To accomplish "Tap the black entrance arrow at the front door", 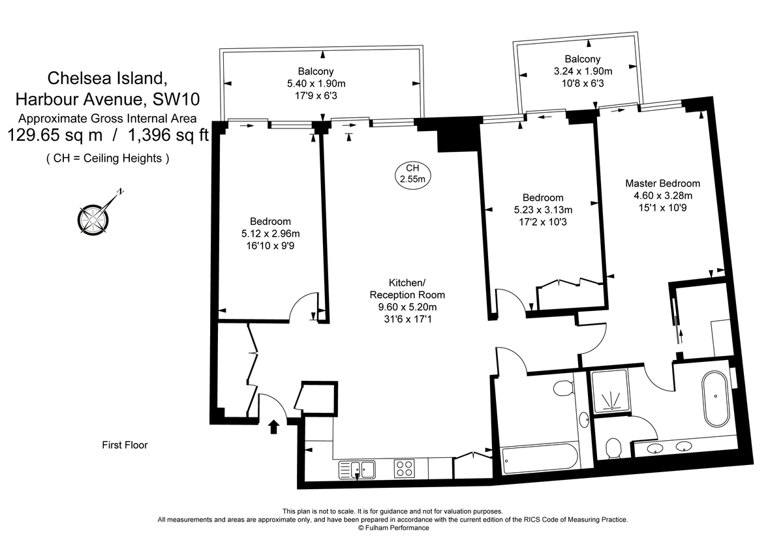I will [x=273, y=426].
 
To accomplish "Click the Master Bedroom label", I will [x=662, y=183].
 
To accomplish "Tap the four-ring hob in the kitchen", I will [x=405, y=468].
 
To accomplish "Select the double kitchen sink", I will [x=358, y=468].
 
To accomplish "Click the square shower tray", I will [x=609, y=391].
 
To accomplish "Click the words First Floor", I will [x=125, y=445].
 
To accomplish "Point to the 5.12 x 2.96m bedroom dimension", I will [x=270, y=233].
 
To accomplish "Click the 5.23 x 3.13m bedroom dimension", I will [x=543, y=209].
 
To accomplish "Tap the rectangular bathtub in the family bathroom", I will [x=539, y=458].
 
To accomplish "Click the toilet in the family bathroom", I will [x=562, y=389].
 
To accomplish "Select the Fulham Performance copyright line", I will [x=393, y=528].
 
